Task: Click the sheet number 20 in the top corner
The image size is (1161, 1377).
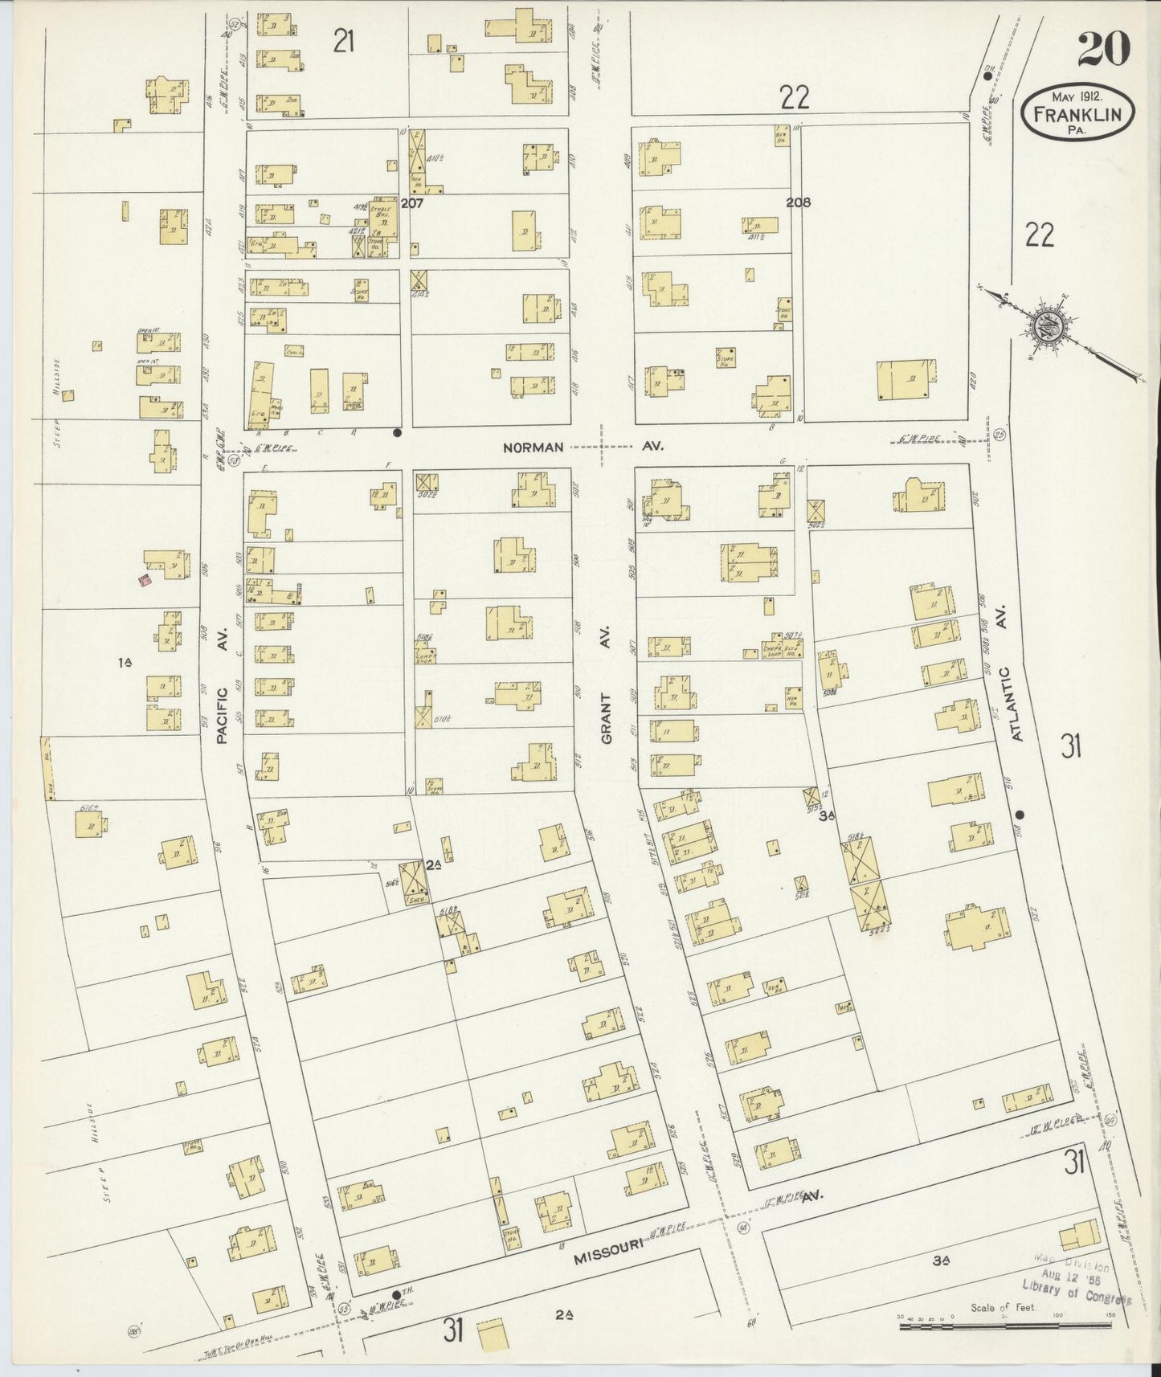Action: pyautogui.click(x=1103, y=50)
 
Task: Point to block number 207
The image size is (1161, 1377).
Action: pyautogui.click(x=412, y=203)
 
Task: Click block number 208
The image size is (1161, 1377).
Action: pyautogui.click(x=798, y=202)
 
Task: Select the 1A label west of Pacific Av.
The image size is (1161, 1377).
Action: pyautogui.click(x=125, y=662)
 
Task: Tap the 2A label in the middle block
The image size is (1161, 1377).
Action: pyautogui.click(x=435, y=864)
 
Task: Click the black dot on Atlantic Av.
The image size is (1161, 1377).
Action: pyautogui.click(x=1020, y=813)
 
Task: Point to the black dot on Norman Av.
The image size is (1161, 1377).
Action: pyautogui.click(x=397, y=432)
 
